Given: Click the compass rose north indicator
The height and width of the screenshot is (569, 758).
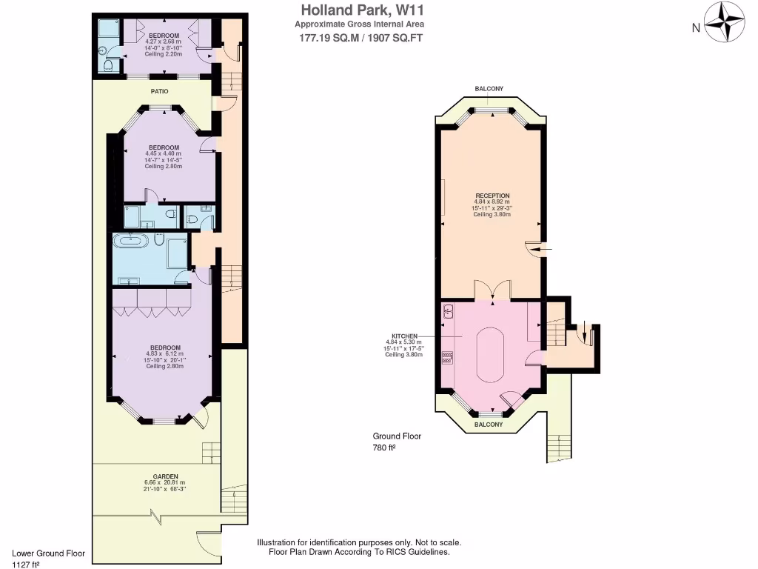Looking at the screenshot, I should pos(724,22).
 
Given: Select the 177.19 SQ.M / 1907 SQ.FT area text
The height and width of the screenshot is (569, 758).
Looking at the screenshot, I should pos(360,39).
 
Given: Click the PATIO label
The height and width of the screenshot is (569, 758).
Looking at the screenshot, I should pos(160,91).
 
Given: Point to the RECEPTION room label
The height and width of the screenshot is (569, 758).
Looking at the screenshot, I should pos(492,196).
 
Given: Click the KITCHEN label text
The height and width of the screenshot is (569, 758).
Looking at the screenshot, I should pos(405,335).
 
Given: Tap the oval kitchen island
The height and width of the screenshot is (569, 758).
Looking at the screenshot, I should pos(489,353).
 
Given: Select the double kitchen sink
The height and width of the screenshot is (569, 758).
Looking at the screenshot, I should pos(448,313).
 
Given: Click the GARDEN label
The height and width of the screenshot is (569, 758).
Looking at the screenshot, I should pos(165,476).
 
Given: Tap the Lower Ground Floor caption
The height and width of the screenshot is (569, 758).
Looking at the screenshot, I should pos(49,553).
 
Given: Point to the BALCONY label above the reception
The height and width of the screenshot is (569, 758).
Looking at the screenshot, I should pos(489,89).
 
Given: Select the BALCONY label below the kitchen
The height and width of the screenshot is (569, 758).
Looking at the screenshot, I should pos(488,425).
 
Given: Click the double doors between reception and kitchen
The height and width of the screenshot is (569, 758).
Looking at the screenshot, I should pos(492,290).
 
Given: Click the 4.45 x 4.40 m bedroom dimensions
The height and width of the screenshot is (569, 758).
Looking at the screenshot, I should pos(163,153).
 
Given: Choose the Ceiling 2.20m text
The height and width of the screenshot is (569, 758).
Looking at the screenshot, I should pos(164,54).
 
